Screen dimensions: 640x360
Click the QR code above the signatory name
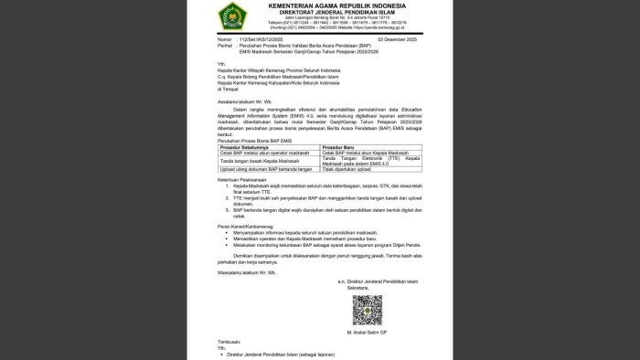coord(368,309)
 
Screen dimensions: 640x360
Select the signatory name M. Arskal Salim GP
coord(368,332)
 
